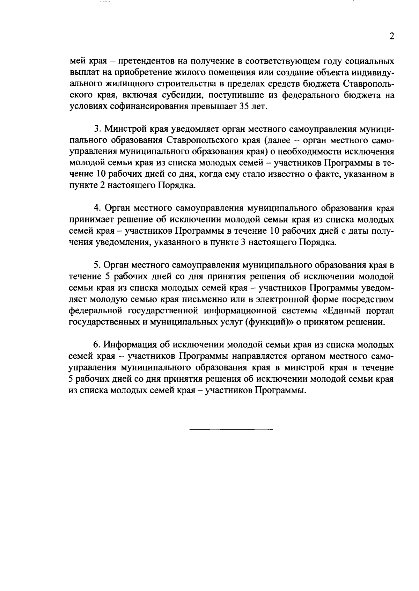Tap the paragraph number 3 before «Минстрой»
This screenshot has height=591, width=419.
(x=97, y=129)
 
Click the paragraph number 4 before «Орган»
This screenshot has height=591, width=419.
(x=97, y=209)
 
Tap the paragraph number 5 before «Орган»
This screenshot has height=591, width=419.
(x=97, y=265)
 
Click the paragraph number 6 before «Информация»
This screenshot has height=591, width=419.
(x=97, y=345)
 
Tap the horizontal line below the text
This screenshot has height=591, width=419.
(x=231, y=429)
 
